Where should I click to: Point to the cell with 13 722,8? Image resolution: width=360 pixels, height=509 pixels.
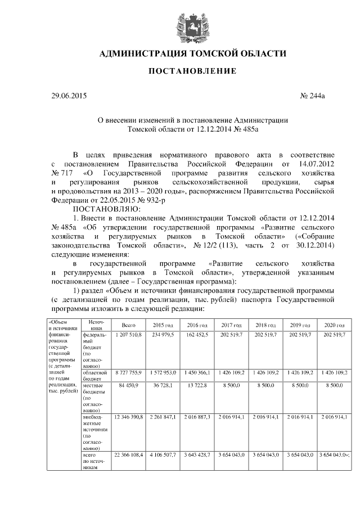tap(196, 385)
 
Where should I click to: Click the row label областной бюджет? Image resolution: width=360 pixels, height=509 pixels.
tap(93, 375)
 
